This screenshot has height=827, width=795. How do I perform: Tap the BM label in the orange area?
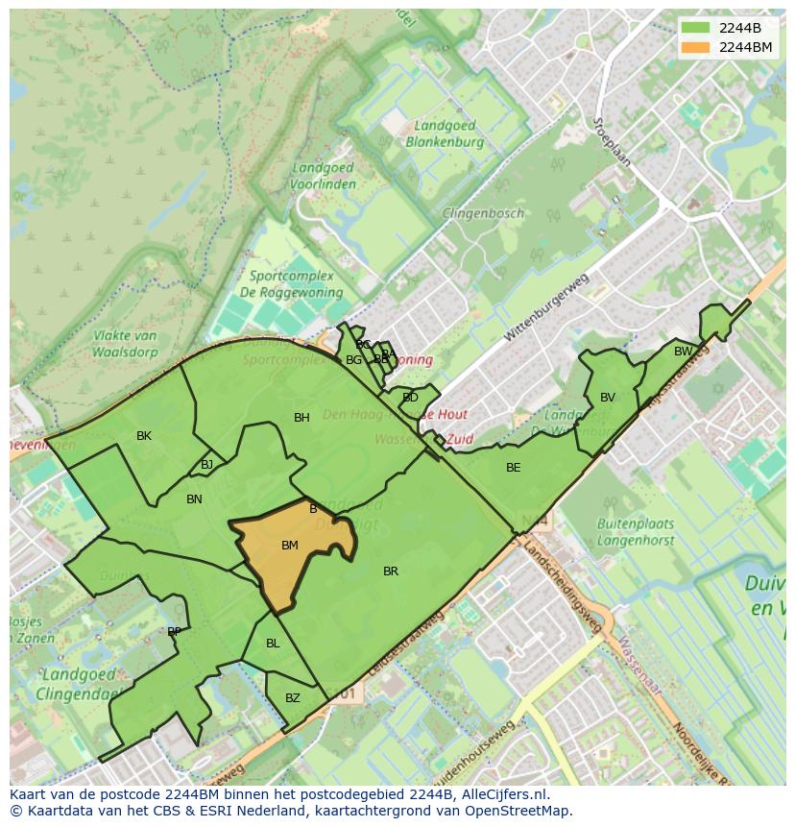[290, 546]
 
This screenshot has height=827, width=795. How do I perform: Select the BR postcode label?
[391, 572]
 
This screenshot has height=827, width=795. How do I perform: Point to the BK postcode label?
[144, 436]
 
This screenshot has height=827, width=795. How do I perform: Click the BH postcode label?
[301, 418]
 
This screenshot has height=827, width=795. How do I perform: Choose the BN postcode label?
[194, 499]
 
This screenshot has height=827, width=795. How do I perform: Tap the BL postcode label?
[273, 644]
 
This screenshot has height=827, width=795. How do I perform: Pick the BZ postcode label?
[293, 698]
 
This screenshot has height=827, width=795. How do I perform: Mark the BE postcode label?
[514, 468]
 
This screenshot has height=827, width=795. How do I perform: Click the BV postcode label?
[608, 398]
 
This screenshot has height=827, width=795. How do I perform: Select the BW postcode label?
[683, 352]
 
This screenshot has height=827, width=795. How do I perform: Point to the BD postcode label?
[411, 398]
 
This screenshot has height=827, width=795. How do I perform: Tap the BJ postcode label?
[206, 465]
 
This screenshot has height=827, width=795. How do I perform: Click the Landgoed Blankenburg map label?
[445, 134]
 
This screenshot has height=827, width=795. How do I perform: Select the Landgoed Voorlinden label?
[323, 176]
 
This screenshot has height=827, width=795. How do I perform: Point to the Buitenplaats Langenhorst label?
[636, 532]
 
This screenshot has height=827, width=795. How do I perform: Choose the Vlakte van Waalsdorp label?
[125, 344]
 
